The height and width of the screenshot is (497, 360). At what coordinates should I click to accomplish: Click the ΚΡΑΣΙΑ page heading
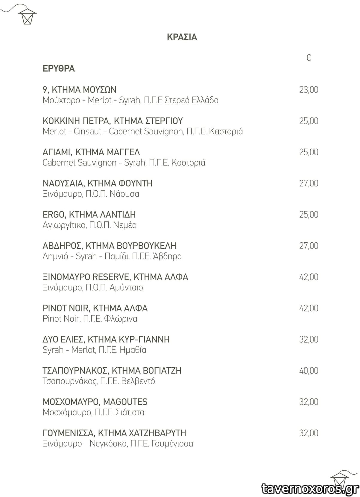(x=182, y=37)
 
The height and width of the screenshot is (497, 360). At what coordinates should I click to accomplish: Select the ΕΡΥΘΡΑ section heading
(x=59, y=69)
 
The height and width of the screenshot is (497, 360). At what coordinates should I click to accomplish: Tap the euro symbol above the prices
(x=309, y=57)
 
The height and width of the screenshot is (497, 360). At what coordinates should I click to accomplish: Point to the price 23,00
(x=309, y=90)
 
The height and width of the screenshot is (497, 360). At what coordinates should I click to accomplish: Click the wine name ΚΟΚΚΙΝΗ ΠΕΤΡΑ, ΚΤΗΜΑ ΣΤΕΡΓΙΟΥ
(x=113, y=121)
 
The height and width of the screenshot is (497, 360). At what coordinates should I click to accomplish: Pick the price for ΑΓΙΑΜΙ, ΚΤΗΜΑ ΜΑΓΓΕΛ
(x=309, y=152)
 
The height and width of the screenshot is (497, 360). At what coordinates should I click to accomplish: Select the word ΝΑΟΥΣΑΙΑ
(x=63, y=183)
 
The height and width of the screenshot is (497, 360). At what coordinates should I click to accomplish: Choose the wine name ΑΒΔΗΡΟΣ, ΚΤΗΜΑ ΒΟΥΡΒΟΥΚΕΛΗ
(x=109, y=246)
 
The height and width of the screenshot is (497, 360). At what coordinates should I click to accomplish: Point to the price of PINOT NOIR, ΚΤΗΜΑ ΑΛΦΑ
(x=309, y=308)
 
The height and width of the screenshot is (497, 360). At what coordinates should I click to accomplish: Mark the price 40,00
(x=309, y=371)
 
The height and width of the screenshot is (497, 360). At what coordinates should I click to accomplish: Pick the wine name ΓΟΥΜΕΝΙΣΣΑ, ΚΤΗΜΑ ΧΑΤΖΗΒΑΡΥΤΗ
(x=114, y=433)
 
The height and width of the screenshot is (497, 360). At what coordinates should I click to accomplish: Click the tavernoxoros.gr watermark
(x=310, y=489)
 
